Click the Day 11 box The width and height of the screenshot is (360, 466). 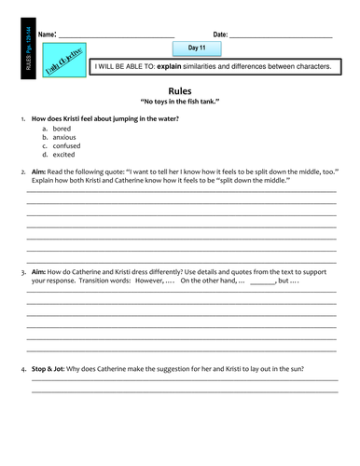pyautogui.click(x=197, y=48)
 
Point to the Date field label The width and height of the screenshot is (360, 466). pyautogui.click(x=220, y=34)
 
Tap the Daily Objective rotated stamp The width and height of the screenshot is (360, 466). pyautogui.click(x=66, y=60)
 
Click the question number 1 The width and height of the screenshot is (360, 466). pyautogui.click(x=21, y=119)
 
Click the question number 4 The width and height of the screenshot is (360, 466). pyautogui.click(x=21, y=370)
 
